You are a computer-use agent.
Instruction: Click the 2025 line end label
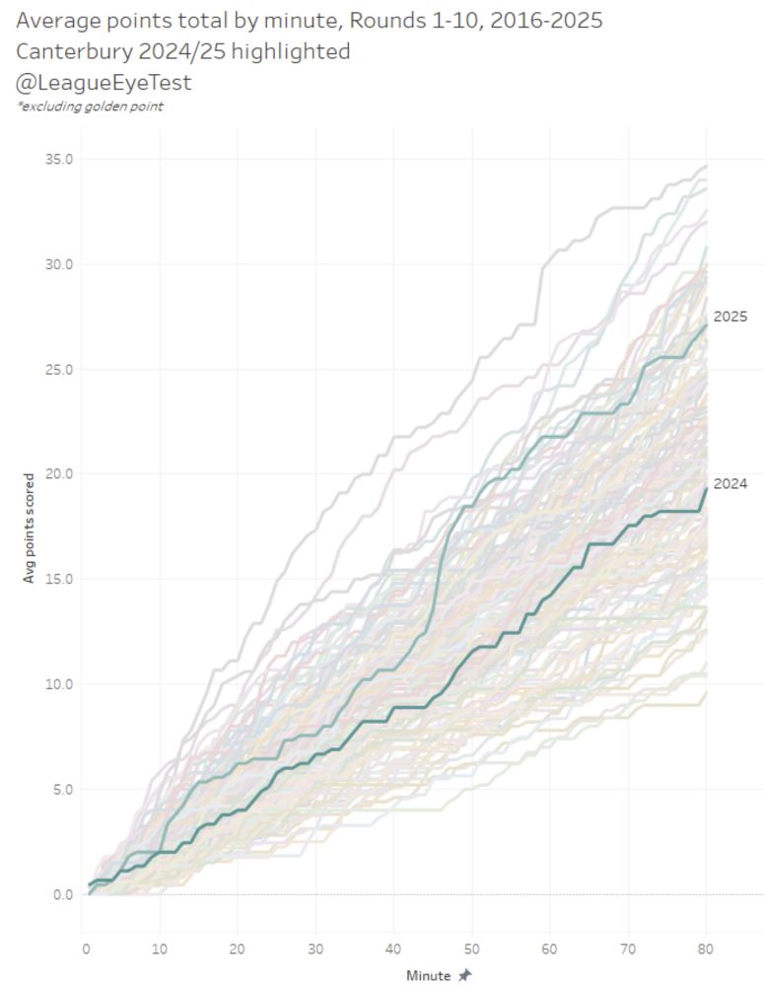tap(730, 317)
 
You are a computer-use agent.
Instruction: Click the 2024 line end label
tap(730, 484)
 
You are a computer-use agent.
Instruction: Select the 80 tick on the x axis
tap(706, 948)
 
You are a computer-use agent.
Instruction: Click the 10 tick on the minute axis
tap(162, 948)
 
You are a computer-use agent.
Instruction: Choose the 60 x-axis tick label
tap(550, 948)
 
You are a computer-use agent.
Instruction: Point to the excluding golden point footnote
tap(90, 106)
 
